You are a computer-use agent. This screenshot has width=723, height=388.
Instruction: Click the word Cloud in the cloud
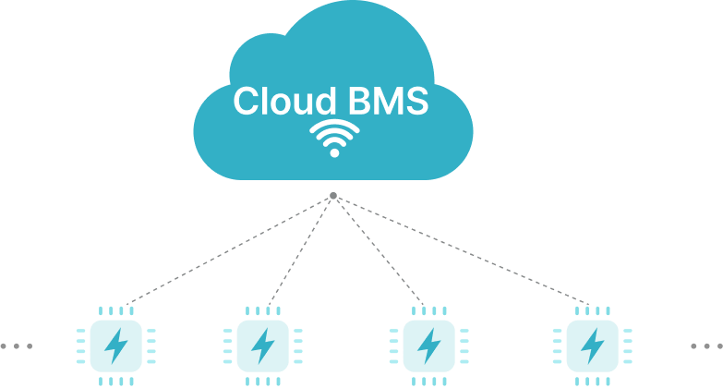tap(274, 102)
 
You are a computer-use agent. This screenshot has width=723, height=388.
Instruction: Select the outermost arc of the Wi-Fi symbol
tap(333, 124)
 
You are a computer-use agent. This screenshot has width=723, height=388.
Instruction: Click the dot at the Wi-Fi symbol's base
tap(333, 152)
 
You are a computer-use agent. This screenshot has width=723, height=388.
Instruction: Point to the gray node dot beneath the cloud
tap(333, 195)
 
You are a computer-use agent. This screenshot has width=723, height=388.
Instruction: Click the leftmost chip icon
tap(116, 346)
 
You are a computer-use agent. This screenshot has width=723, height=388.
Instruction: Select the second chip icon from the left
tap(263, 346)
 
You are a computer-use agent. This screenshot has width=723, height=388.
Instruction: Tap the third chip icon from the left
tap(428, 346)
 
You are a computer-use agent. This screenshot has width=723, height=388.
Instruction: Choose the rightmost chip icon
tap(592, 346)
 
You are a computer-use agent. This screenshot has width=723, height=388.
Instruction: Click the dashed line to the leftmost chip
tap(231, 249)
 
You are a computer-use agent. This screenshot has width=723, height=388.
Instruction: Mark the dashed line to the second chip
tap(300, 249)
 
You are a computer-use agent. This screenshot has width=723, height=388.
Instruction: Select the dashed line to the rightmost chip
tap(462, 249)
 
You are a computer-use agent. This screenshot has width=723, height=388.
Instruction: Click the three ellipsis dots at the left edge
tap(16, 346)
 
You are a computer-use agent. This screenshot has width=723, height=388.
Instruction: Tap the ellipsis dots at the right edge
tap(706, 346)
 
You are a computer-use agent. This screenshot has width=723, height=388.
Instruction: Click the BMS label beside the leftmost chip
tap(72, 356)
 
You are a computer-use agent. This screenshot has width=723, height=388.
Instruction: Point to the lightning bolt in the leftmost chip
tap(116, 346)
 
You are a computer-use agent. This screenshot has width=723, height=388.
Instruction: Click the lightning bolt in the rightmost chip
tap(592, 346)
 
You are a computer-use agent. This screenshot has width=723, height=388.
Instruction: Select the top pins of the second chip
tap(263, 311)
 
